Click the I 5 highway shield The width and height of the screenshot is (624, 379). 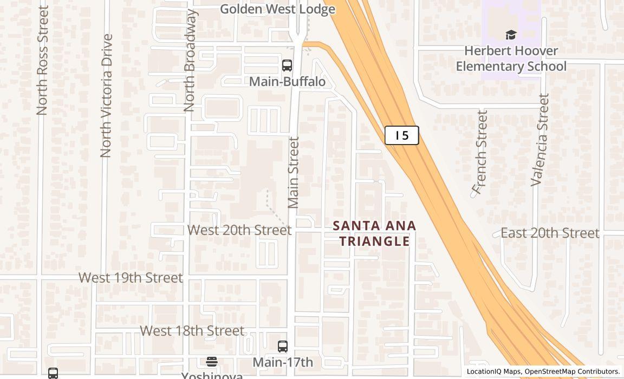point(401,135)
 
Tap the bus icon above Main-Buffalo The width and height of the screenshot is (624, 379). point(287,66)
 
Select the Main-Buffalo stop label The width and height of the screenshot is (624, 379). point(287,82)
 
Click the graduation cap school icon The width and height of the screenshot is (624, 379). point(511,35)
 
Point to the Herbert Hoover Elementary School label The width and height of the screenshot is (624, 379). point(511,58)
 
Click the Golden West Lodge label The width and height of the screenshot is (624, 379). point(277,9)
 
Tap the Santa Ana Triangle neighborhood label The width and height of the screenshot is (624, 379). point(374,233)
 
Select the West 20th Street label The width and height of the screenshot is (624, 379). point(239,230)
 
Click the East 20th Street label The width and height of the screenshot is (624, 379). point(550,233)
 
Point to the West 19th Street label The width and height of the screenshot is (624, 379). point(131,278)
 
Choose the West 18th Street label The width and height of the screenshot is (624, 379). point(192,331)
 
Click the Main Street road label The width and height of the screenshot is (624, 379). point(294,172)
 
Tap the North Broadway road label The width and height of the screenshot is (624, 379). point(189,61)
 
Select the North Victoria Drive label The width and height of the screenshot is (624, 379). point(106,96)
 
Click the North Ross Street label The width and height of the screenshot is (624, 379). point(42,60)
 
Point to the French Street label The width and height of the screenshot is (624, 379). point(480,152)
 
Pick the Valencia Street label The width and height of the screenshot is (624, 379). point(540,140)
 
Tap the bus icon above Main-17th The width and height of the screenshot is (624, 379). point(282,347)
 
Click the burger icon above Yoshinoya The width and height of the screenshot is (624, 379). point(212,362)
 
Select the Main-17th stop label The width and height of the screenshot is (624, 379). point(283,362)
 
